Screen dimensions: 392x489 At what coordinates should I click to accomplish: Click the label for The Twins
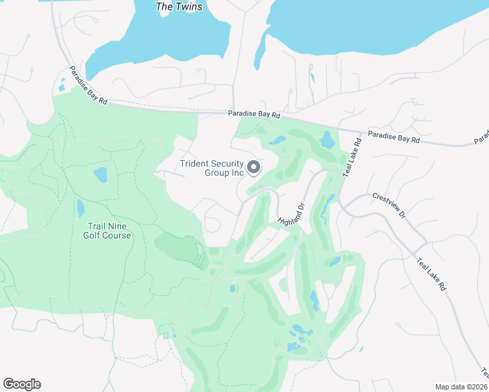[x=179, y=7]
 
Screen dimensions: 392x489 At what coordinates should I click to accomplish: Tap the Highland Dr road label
[x=292, y=212]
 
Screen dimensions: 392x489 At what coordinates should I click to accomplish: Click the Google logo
[x=22, y=384]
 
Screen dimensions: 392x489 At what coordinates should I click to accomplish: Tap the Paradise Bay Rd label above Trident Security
[x=254, y=114]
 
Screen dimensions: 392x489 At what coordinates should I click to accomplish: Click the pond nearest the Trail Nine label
[x=80, y=208]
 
